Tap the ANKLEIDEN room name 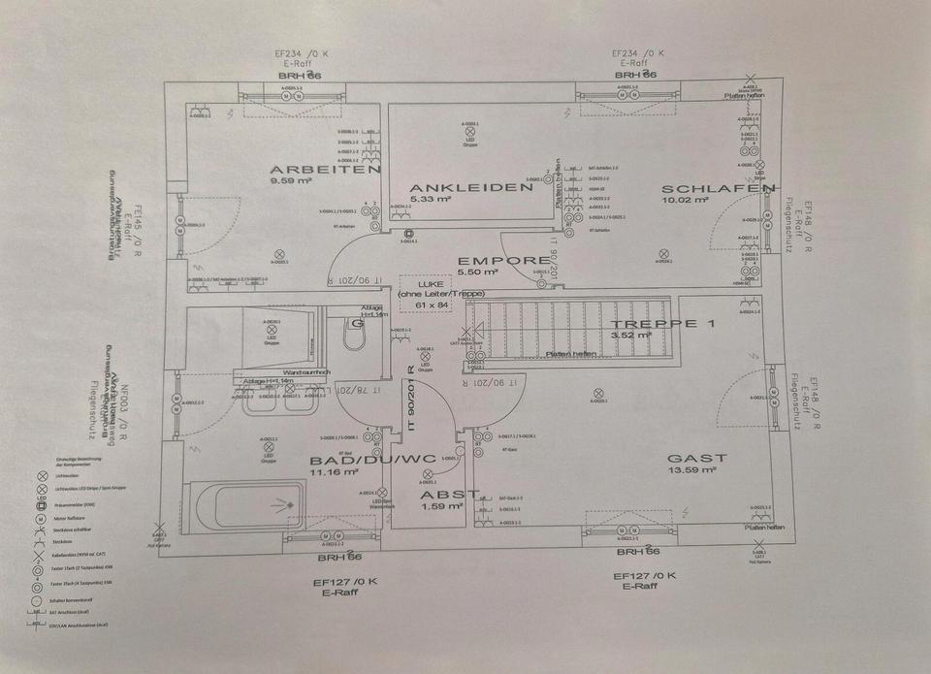[470, 187]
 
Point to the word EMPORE [503, 260]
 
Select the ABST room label [449, 494]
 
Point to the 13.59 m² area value [692, 471]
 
